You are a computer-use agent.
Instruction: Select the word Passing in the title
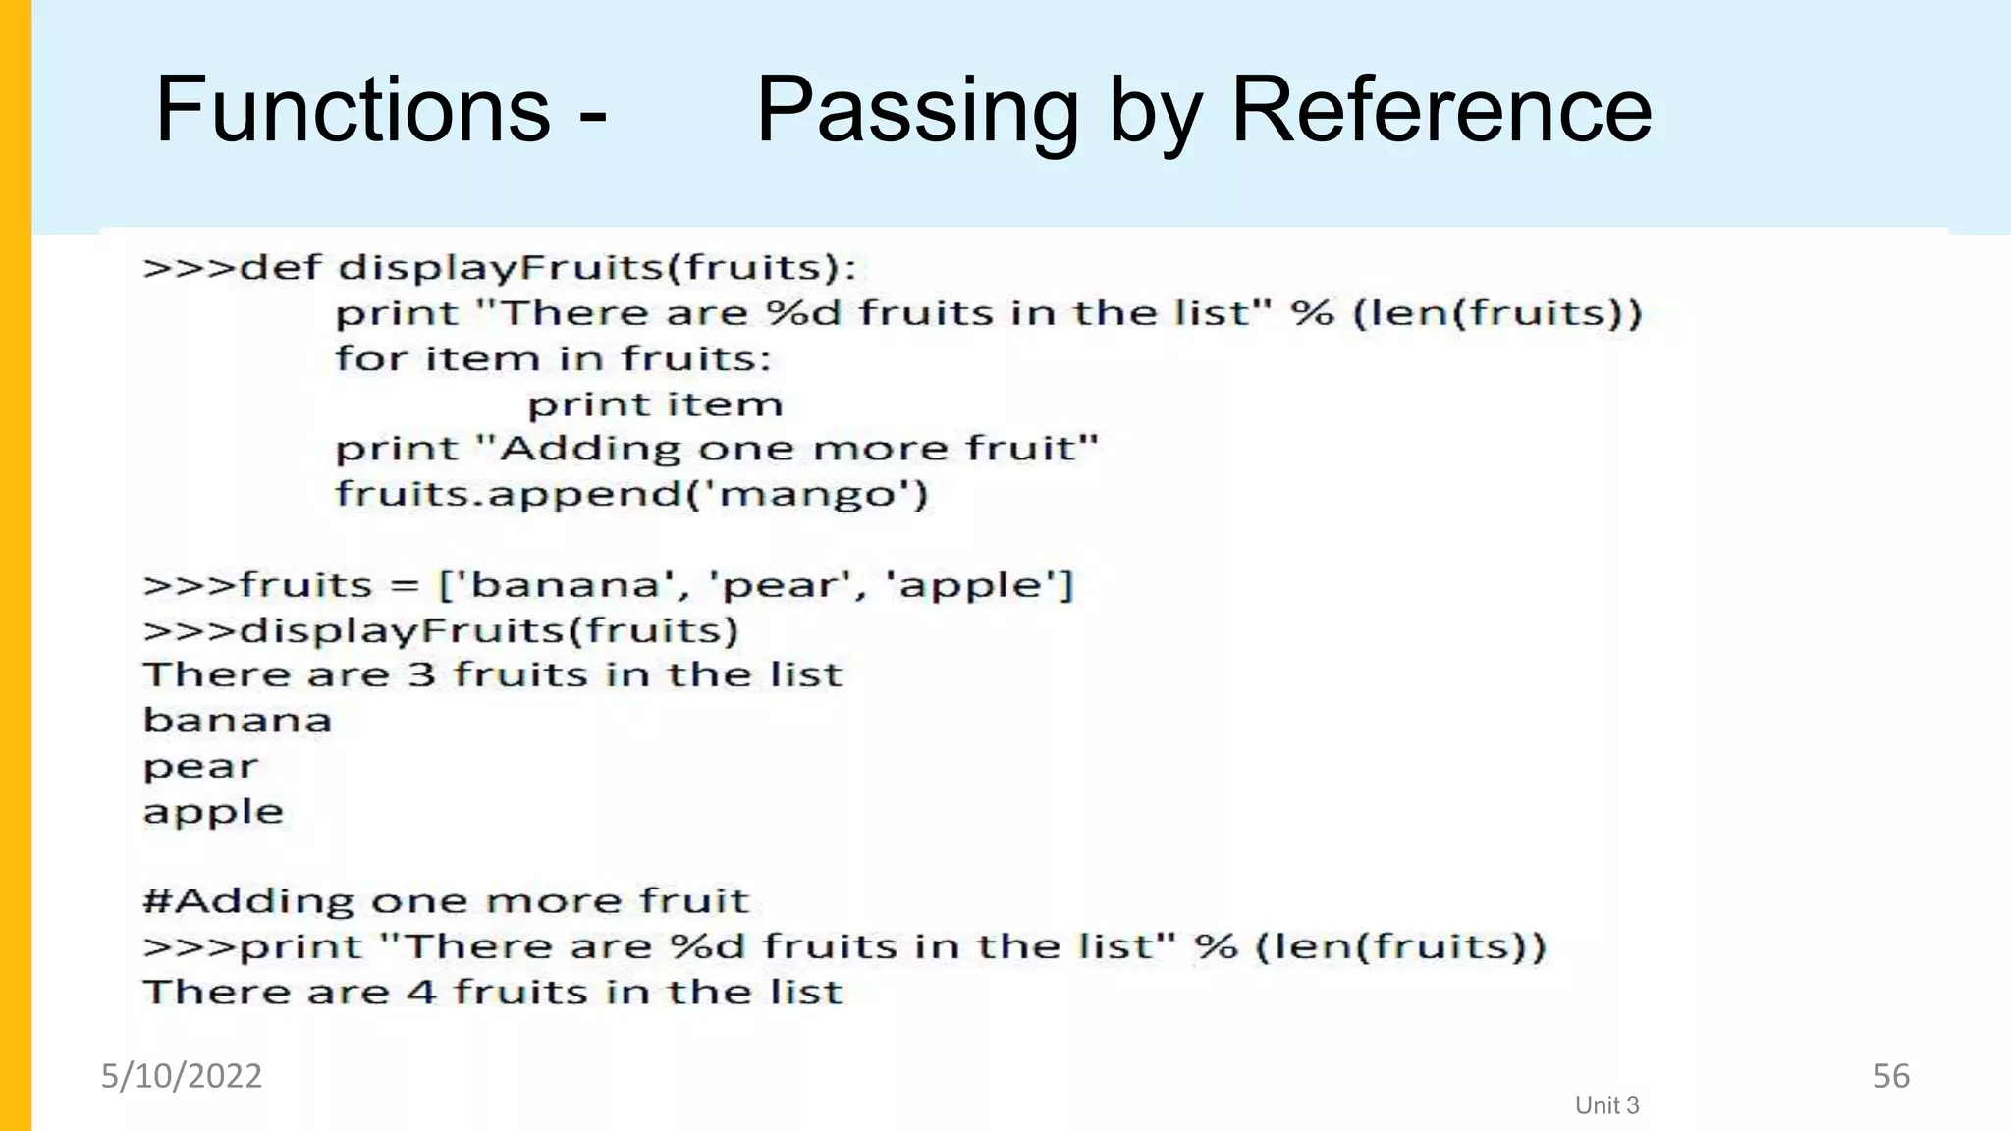click(917, 111)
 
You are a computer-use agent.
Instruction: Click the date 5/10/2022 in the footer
click(182, 1076)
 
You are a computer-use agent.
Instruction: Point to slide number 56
click(1890, 1076)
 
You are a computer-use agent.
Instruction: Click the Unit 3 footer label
click(1606, 1105)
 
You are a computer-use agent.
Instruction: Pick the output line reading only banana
click(238, 721)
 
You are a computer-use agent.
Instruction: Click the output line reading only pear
click(200, 767)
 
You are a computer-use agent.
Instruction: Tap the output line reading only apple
click(213, 812)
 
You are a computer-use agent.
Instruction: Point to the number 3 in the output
click(421, 675)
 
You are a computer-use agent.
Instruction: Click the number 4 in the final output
click(421, 993)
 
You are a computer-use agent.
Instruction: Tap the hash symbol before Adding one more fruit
click(157, 901)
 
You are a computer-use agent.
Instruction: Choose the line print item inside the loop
click(655, 404)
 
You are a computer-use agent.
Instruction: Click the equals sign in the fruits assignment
click(405, 586)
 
